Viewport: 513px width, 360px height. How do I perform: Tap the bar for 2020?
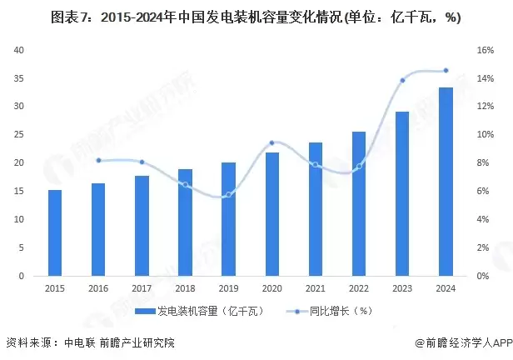[271, 214]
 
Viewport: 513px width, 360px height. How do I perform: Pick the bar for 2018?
[185, 222]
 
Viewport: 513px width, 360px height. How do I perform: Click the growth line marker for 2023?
[402, 80]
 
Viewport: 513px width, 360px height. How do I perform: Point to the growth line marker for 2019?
[228, 194]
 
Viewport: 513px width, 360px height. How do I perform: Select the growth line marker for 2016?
[98, 160]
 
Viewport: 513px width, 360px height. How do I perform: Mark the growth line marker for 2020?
[271, 142]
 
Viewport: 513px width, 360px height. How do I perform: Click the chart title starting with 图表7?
[256, 17]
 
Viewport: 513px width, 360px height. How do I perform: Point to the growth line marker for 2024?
[446, 70]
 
